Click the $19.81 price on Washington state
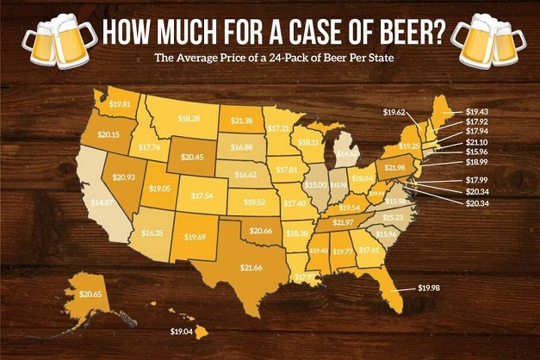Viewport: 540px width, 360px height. (x=121, y=105)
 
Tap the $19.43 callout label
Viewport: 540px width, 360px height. (x=501, y=111)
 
